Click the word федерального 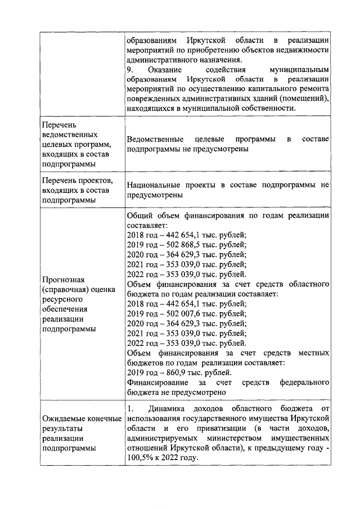point(304,382)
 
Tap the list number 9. point(130,69)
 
